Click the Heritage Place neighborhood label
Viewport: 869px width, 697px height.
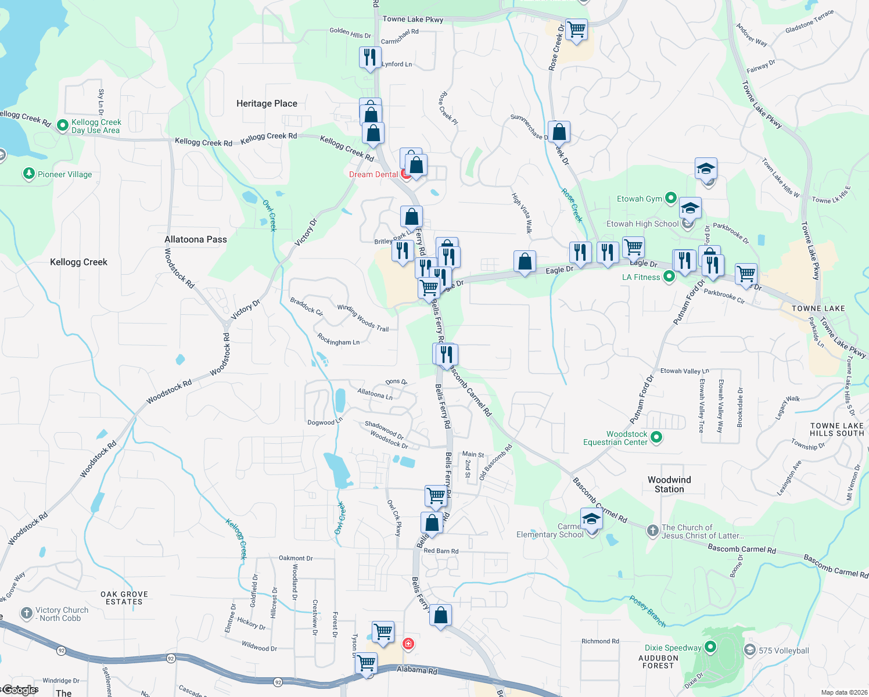[x=267, y=103]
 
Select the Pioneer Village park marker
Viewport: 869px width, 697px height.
[x=28, y=174]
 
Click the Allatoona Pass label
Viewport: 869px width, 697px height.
[x=196, y=239]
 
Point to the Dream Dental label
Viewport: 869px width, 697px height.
[x=374, y=174]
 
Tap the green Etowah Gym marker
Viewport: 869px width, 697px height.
[x=670, y=198]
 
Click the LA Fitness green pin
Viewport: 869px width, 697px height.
[x=669, y=276]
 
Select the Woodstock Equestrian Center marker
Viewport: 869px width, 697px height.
[x=656, y=437]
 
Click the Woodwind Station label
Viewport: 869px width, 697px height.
[x=669, y=484]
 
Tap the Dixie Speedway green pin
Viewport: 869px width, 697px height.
[x=710, y=646]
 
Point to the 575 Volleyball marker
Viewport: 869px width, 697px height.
[x=750, y=650]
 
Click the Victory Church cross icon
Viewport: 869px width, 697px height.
[x=26, y=613]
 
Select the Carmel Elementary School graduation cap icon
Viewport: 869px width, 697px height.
[x=591, y=519]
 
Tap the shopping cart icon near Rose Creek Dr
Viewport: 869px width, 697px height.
[x=576, y=29]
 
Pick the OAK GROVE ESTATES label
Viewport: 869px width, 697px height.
[x=124, y=598]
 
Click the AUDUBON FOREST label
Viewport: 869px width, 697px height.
[x=658, y=662]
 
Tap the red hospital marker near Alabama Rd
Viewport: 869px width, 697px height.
[x=408, y=644]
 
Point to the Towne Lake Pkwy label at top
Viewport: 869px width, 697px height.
[x=412, y=19]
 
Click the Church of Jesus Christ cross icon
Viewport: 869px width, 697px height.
[x=652, y=530]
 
